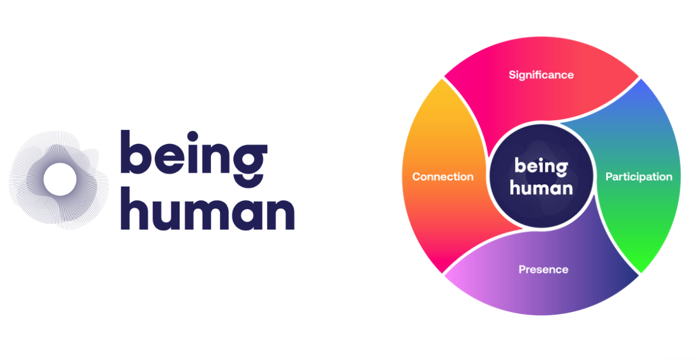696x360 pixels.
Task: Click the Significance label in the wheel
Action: pos(541,75)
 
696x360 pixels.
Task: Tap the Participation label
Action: pos(638,176)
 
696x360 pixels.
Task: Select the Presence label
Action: pos(543,269)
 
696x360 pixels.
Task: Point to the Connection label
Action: pos(443,176)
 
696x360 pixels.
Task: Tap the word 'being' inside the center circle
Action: pos(541,167)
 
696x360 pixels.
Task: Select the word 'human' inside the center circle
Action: pos(543,188)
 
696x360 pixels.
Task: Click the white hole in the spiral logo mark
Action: pos(59,178)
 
